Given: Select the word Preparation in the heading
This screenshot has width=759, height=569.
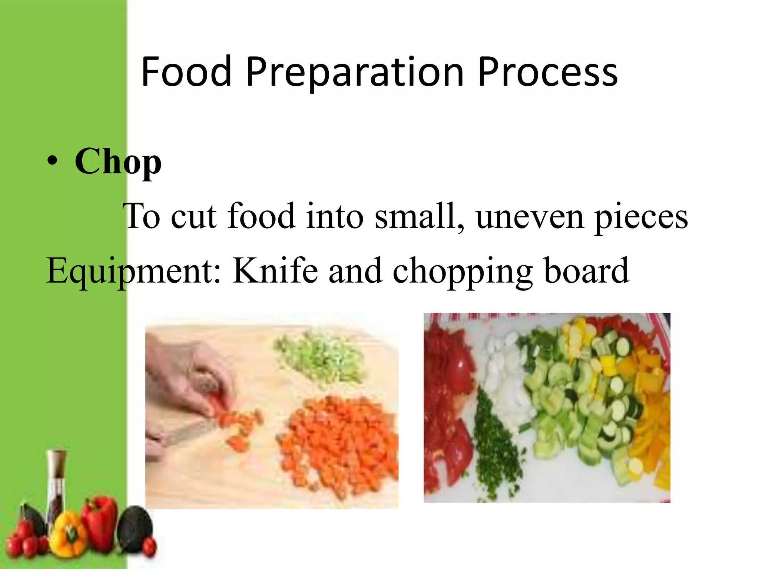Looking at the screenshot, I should click(x=354, y=72).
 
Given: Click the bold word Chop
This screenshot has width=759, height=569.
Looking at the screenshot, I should click(x=118, y=162).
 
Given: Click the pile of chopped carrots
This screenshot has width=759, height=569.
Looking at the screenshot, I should click(x=337, y=445).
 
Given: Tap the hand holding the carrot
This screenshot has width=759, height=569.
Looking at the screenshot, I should click(x=185, y=378).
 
